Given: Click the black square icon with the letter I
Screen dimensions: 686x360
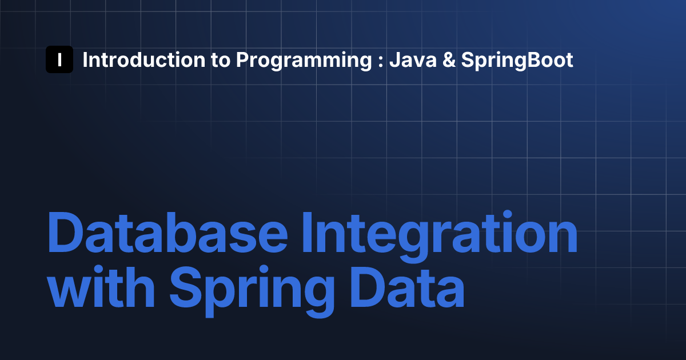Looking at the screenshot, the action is (59, 59).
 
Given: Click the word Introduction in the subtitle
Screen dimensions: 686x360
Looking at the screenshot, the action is (144, 59).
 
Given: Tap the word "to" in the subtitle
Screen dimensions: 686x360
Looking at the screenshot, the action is (220, 61).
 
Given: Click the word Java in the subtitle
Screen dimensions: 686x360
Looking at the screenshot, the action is (413, 59).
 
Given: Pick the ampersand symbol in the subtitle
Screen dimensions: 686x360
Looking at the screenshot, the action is (449, 59).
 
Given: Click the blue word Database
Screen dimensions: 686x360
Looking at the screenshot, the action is (167, 233).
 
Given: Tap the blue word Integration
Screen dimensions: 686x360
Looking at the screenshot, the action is (440, 237).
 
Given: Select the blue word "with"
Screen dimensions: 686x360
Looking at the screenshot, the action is (101, 287).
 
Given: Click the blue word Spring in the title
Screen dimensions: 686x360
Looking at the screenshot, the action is (252, 291).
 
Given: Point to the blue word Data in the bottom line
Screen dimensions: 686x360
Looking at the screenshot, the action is (407, 287).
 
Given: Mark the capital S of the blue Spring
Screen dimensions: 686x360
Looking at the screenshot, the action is (186, 287).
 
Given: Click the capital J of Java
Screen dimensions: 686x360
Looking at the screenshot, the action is (395, 59).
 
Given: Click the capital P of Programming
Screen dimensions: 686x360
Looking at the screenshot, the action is (242, 59).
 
